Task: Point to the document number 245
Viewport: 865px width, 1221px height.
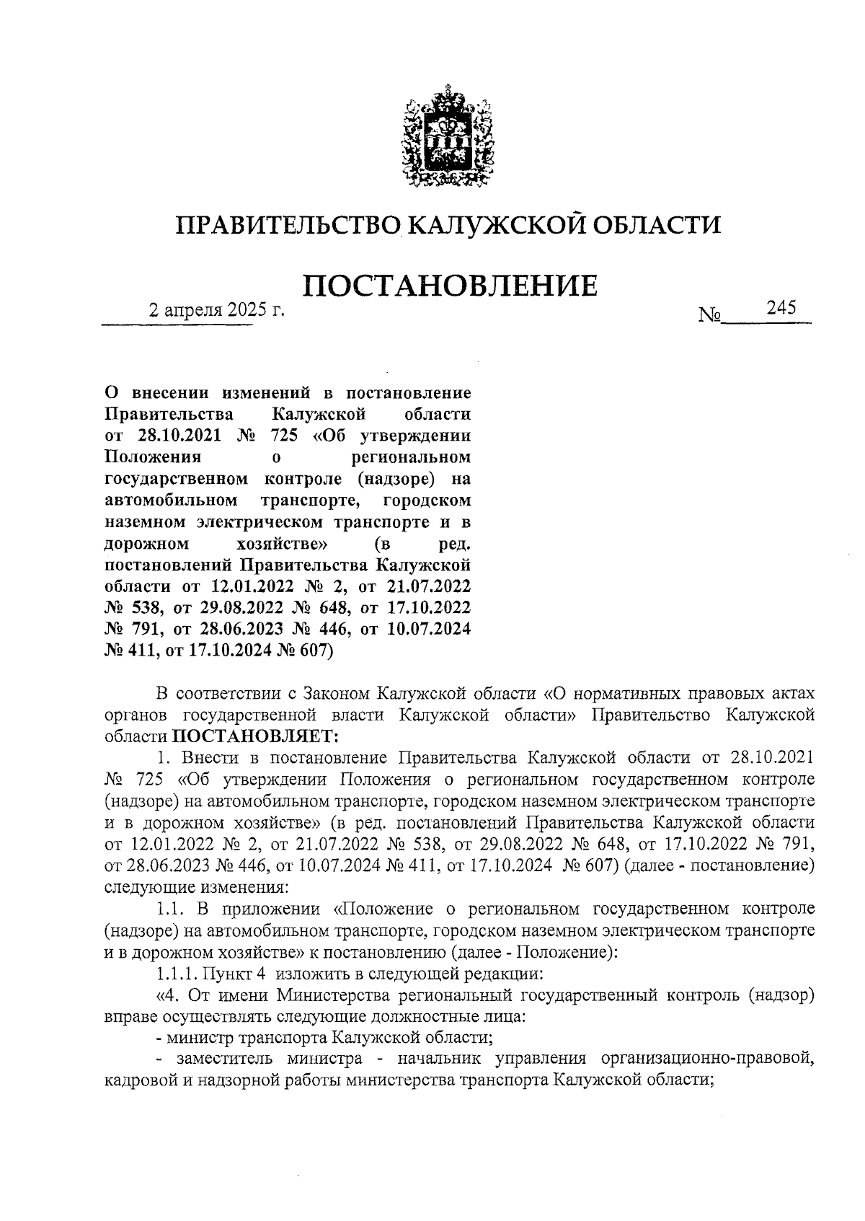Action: point(781,308)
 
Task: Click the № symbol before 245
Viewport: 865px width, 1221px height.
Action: point(709,315)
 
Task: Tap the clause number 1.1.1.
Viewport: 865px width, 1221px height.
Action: point(175,974)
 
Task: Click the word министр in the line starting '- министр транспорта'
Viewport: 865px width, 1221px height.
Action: point(192,1038)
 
